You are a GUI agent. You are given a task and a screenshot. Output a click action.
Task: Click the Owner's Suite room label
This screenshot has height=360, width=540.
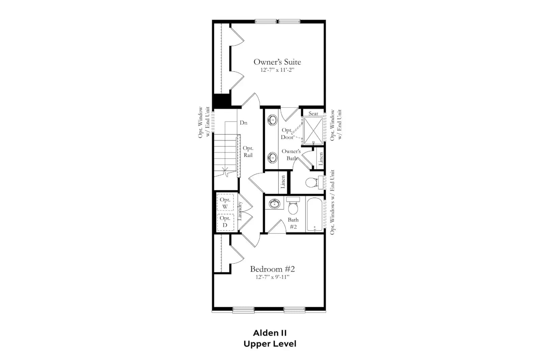pos(277,62)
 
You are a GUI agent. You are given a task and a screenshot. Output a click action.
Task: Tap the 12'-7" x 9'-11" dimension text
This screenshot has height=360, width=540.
pos(272,277)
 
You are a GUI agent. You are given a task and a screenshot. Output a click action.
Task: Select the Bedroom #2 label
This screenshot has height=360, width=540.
pos(272,269)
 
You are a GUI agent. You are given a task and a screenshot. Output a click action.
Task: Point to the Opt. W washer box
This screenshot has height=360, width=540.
pos(225,203)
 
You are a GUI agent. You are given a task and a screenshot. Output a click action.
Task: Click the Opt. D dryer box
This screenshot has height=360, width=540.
pos(225,222)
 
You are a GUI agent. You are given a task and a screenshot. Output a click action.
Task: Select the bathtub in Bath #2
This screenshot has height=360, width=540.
pos(315,214)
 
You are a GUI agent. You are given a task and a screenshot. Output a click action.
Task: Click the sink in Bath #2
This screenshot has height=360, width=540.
pos(274,204)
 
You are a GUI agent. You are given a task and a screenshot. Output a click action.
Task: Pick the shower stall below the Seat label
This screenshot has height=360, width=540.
pos(313,131)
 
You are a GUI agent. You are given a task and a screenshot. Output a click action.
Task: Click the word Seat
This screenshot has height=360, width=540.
pos(313,113)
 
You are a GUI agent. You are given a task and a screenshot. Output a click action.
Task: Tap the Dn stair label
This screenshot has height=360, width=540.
pos(243,123)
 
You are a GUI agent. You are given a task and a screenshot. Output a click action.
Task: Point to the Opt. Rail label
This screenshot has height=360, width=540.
pos(248,151)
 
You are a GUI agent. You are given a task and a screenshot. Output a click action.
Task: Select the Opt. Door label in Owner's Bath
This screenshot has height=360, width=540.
pos(287,134)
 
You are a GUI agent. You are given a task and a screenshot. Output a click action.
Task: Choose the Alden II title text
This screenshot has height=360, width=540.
pos(270,333)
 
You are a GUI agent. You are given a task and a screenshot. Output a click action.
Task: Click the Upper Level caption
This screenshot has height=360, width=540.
pos(270,344)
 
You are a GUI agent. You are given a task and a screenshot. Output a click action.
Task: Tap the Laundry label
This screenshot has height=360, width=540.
pos(240,211)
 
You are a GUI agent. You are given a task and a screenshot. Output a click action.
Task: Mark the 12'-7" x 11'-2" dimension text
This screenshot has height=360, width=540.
pos(277,70)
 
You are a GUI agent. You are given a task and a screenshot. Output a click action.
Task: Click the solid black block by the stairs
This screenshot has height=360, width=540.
pos(222,101)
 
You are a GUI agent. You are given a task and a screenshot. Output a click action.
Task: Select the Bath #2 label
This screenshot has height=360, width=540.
pos(293,223)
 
